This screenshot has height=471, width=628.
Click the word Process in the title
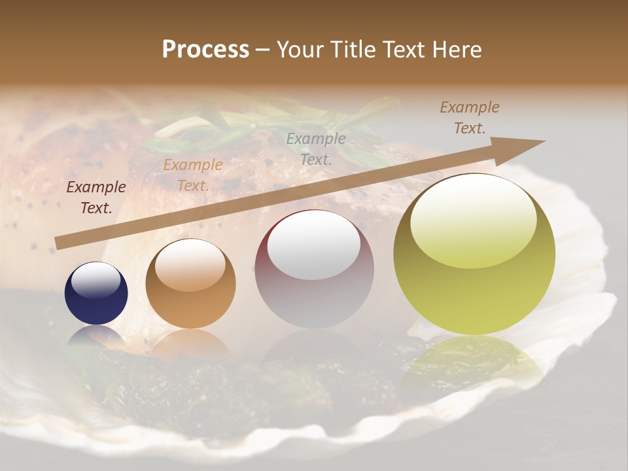205,50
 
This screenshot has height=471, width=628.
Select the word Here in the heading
455,50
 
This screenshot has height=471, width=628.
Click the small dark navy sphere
96,293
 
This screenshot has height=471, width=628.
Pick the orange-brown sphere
190,283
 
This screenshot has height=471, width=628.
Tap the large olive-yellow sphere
474,254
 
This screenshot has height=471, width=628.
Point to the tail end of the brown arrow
59,243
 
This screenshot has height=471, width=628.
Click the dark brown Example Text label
96,198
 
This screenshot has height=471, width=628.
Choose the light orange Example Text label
193,175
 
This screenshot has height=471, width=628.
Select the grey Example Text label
316,148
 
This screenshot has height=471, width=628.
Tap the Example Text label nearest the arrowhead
470,117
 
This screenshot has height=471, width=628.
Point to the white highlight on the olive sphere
473,221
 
